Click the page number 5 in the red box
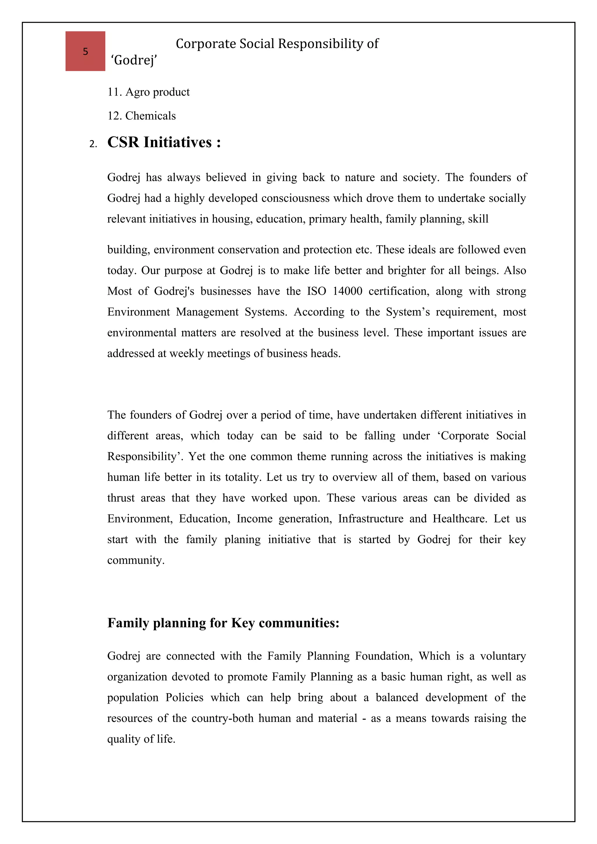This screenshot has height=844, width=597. pyautogui.click(x=85, y=52)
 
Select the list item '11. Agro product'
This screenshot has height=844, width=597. pyautogui.click(x=148, y=92)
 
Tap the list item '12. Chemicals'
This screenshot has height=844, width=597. pyautogui.click(x=141, y=116)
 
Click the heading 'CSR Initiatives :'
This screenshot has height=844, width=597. pyautogui.click(x=164, y=142)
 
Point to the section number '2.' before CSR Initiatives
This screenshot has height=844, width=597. pyautogui.click(x=93, y=144)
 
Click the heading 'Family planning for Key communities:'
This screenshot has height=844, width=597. pyautogui.click(x=223, y=623)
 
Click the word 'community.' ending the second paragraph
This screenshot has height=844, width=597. pyautogui.click(x=136, y=560)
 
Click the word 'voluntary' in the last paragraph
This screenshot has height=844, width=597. pyautogui.click(x=503, y=656)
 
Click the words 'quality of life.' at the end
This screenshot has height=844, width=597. pyautogui.click(x=141, y=739)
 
